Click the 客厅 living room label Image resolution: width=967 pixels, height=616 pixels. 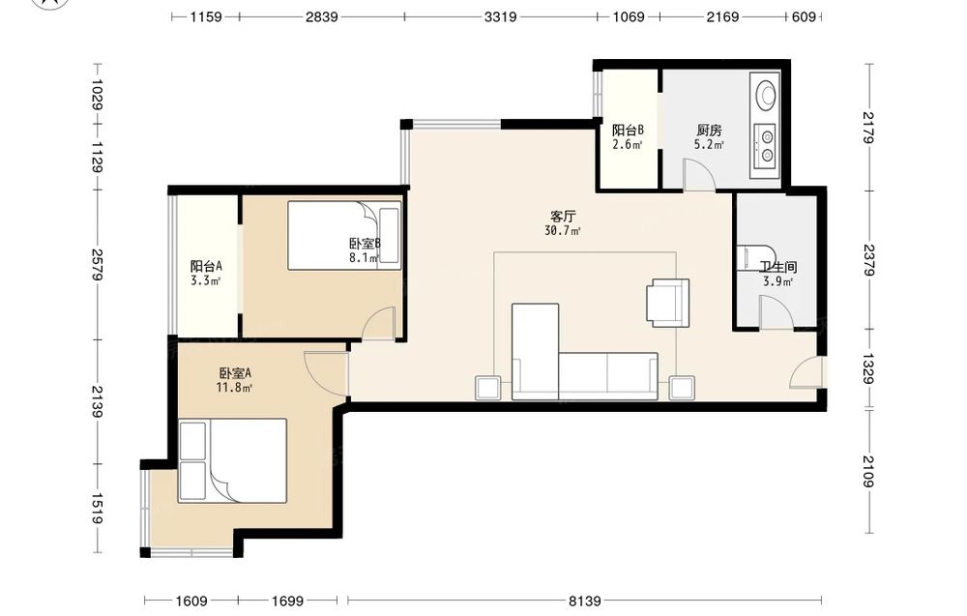tap(563, 217)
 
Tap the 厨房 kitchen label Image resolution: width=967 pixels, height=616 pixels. tap(709, 131)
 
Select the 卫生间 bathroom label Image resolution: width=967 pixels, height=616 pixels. tap(777, 267)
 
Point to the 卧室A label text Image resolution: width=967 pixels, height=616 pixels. tap(235, 373)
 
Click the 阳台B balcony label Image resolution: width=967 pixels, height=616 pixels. tap(628, 131)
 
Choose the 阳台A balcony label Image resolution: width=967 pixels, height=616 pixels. tap(206, 266)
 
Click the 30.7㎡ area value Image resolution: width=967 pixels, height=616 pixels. tap(563, 231)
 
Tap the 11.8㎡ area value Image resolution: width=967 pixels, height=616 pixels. tap(235, 388)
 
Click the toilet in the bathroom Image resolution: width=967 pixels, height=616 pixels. tap(757, 258)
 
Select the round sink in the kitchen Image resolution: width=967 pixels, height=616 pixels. tap(766, 95)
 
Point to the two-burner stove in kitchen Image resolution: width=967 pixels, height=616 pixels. tap(766, 145)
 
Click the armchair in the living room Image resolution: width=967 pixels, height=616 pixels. tap(667, 302)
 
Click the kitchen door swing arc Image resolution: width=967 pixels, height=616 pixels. tap(699, 175)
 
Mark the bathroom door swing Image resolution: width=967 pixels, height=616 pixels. tap(776, 312)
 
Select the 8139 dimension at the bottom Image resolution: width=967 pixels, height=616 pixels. tap(584, 600)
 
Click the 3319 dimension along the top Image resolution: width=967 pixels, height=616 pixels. tap(500, 16)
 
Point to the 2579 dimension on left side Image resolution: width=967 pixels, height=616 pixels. tap(98, 265)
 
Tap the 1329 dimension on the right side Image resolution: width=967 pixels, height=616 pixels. tap(867, 368)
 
